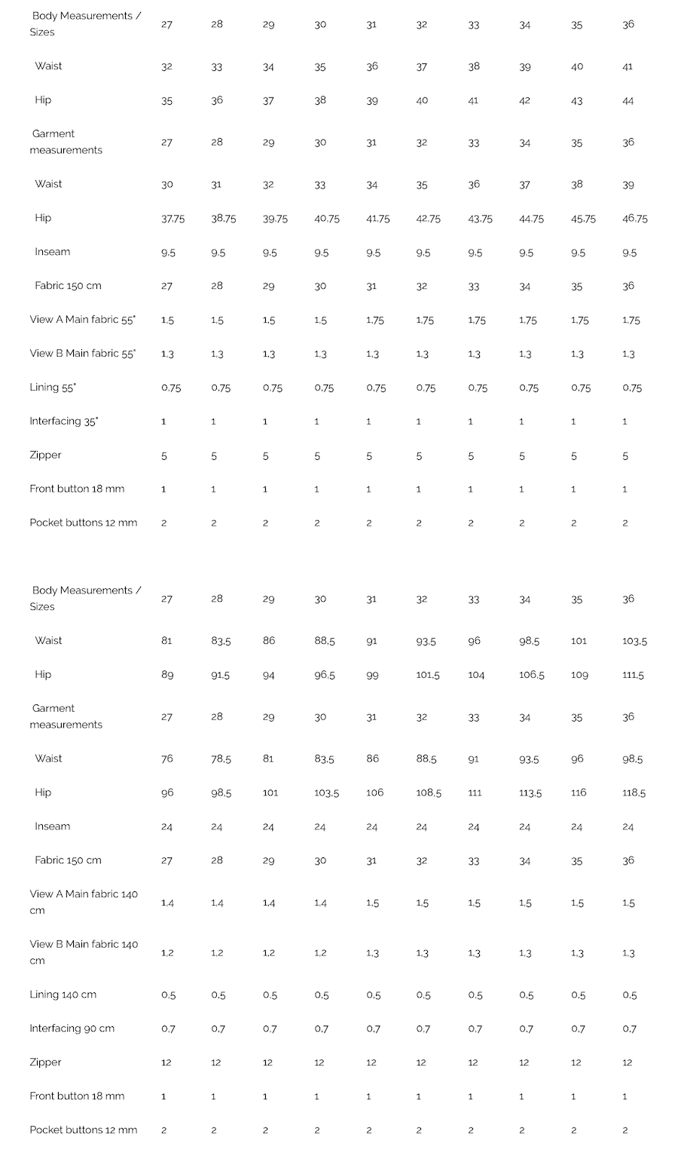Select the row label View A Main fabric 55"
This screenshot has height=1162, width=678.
(83, 320)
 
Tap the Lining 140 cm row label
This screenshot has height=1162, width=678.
(63, 995)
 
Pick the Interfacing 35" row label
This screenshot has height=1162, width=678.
(64, 421)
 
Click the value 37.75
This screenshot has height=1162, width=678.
(173, 219)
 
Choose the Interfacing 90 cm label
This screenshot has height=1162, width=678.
(72, 1029)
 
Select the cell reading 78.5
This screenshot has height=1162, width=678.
(221, 759)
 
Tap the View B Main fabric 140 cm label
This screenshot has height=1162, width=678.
(84, 952)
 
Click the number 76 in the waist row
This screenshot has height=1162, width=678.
(167, 759)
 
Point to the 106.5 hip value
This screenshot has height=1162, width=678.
(531, 675)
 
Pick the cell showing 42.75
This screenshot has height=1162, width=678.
(428, 219)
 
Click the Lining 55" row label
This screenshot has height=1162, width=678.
(53, 387)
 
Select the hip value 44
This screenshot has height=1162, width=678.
(628, 100)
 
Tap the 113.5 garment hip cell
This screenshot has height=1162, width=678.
(530, 793)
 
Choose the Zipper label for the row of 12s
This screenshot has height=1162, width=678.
(45, 1062)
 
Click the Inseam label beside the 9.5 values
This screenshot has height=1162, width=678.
(52, 252)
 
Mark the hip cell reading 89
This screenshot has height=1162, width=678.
(167, 675)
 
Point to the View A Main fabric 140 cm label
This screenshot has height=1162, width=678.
(84, 902)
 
